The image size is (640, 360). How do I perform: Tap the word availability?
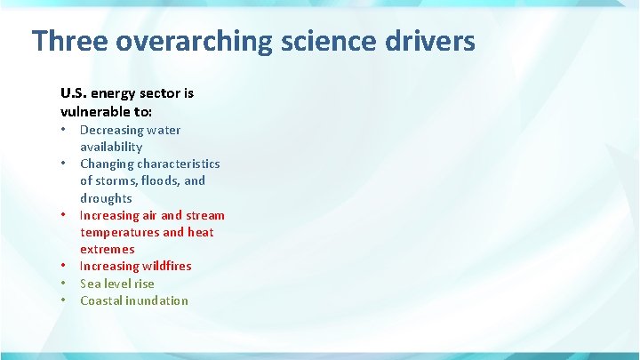pyautogui.click(x=111, y=147)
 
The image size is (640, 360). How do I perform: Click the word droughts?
pyautogui.click(x=106, y=198)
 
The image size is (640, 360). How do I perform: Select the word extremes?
pyautogui.click(x=108, y=249)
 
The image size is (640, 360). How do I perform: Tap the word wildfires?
pyautogui.click(x=164, y=266)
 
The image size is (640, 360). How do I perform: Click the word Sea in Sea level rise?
pyautogui.click(x=91, y=284)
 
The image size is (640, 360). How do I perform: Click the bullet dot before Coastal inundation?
pyautogui.click(x=64, y=300)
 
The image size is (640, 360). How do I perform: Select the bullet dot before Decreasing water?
pyautogui.click(x=64, y=130)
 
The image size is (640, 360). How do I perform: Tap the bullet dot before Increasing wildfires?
pyautogui.click(x=64, y=266)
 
